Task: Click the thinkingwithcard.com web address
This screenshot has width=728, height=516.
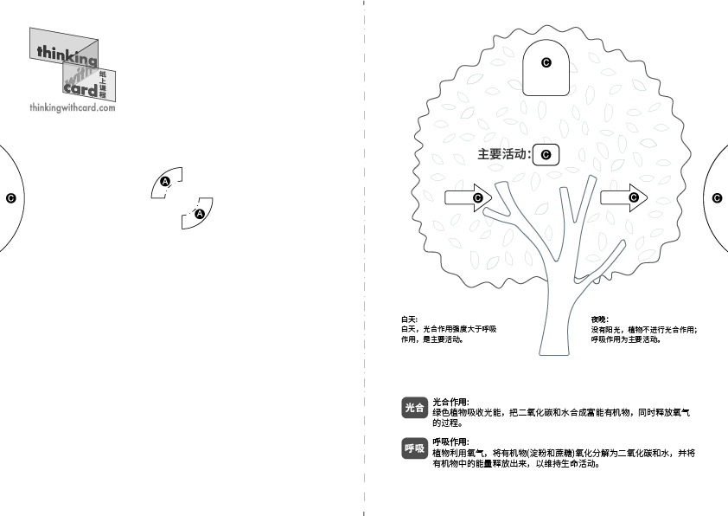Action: [x=73, y=107]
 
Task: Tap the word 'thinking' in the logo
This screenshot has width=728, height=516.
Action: [x=67, y=54]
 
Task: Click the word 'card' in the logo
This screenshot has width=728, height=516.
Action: [x=80, y=88]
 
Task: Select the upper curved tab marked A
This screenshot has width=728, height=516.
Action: [x=166, y=182]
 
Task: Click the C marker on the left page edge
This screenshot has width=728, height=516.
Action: [x=10, y=198]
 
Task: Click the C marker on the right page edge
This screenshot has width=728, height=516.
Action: [x=717, y=198]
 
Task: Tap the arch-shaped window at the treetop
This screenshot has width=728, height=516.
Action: [x=546, y=68]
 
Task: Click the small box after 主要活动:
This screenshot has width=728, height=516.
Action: [x=546, y=155]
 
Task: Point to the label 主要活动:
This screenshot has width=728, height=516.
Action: [x=504, y=154]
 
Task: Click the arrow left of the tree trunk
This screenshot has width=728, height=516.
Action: [x=468, y=198]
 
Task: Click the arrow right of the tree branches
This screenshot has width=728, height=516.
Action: [x=623, y=198]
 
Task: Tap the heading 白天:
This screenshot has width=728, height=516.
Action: [x=410, y=319]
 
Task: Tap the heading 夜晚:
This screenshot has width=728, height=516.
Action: [x=599, y=319]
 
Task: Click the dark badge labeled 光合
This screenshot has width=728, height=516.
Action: [x=414, y=408]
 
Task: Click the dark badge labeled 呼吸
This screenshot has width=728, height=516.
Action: [x=414, y=448]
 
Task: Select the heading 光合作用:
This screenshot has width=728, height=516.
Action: [x=450, y=402]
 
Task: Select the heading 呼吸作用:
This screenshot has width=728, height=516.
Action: [x=450, y=442]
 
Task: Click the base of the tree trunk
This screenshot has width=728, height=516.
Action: [x=554, y=354]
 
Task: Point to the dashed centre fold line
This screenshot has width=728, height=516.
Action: [x=364, y=258]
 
